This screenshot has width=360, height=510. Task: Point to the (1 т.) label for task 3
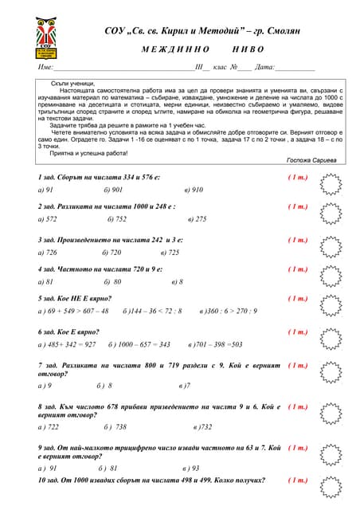(297, 240)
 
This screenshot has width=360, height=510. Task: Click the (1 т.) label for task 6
(297, 331)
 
